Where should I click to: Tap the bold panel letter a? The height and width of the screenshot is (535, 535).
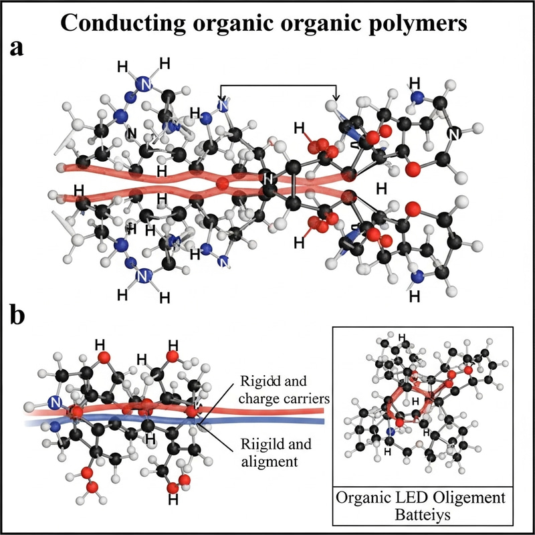(21, 49)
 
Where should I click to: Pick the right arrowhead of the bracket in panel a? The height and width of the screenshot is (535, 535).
(336, 100)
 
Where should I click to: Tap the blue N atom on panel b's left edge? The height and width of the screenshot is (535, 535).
(56, 403)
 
